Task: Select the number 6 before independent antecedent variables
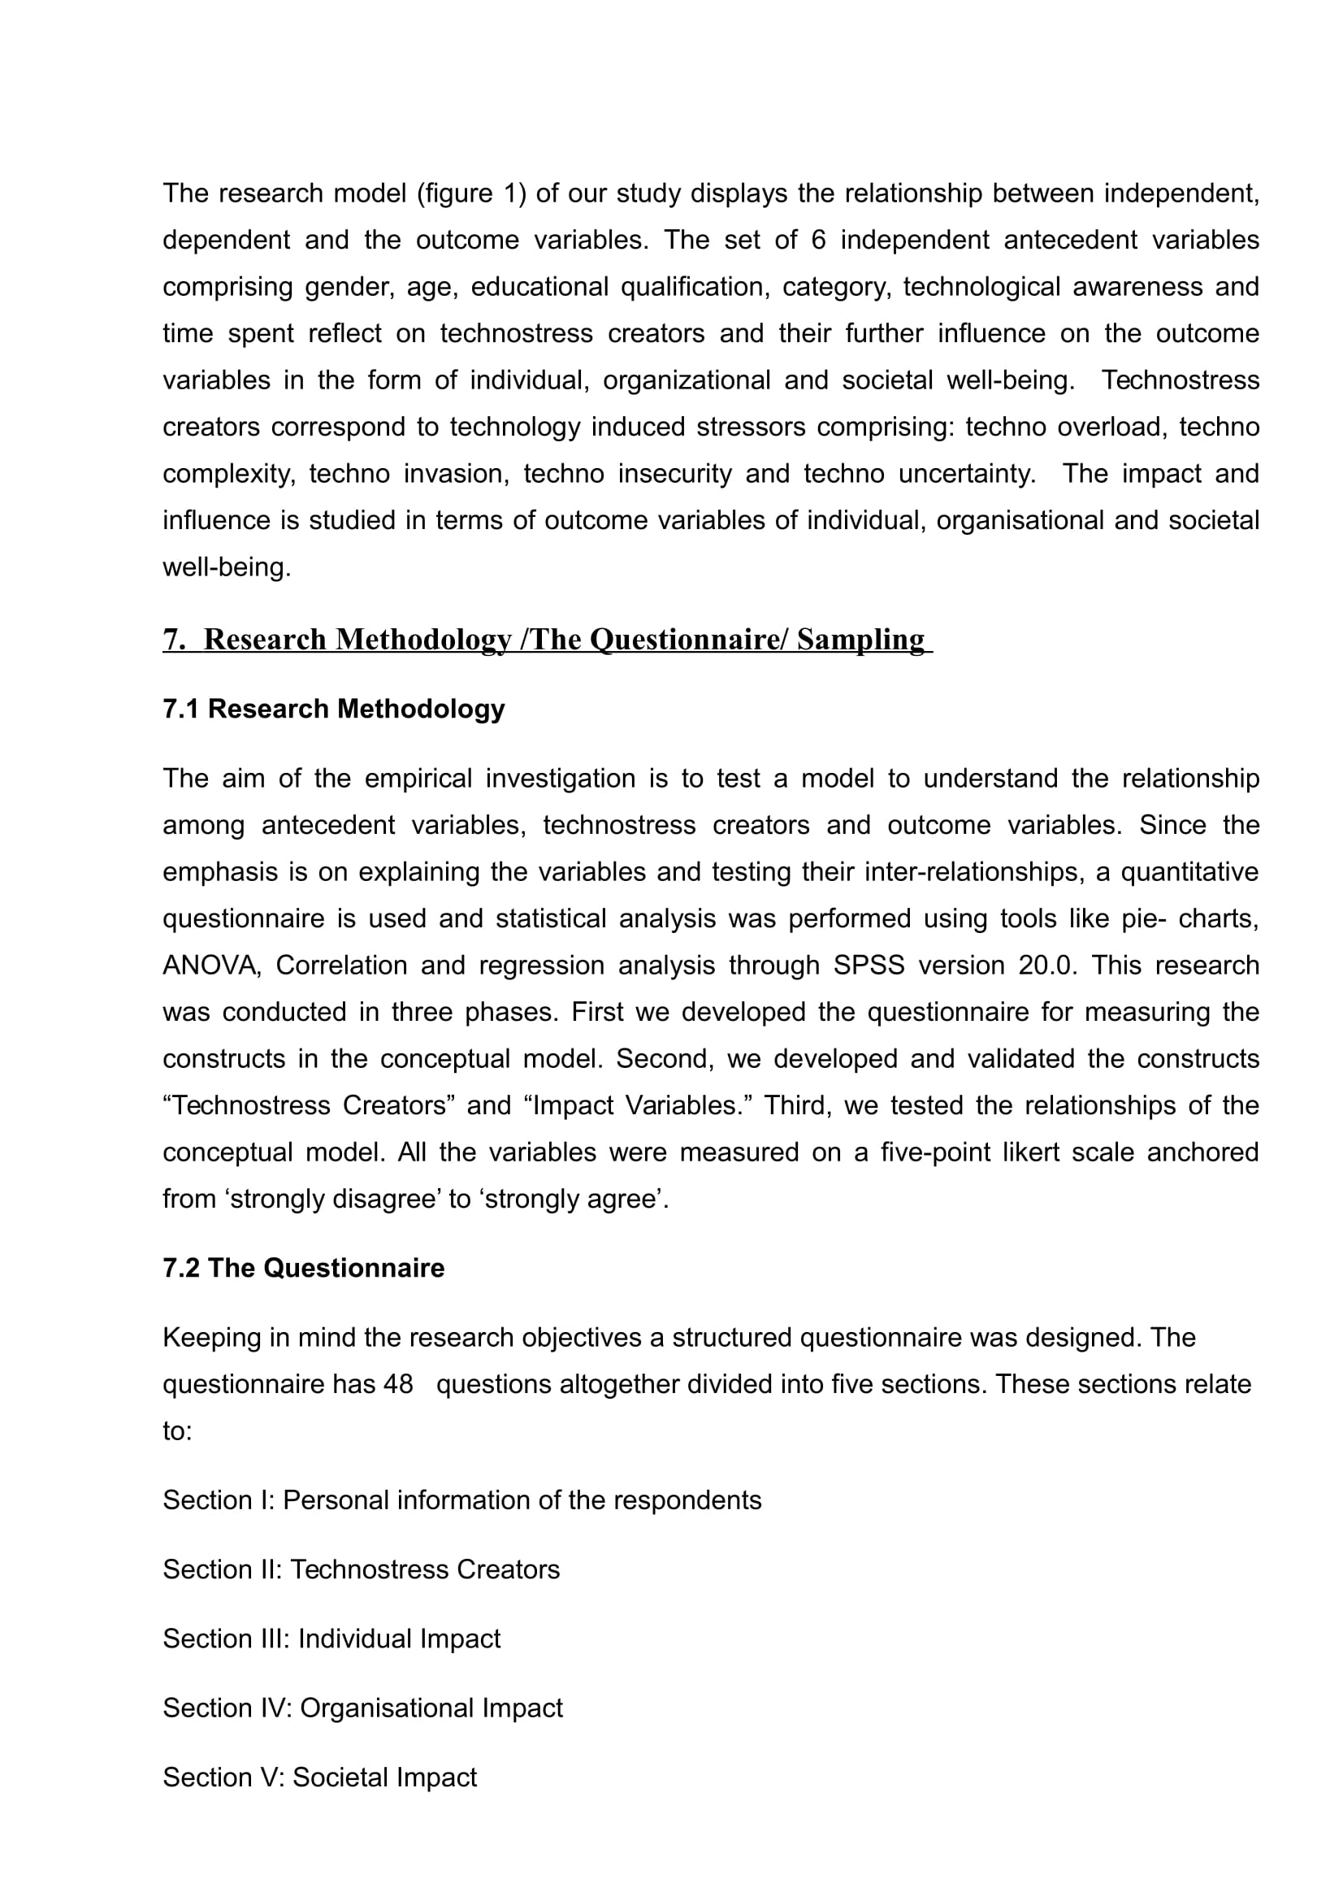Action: click(x=818, y=240)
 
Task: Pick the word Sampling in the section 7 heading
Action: click(x=860, y=639)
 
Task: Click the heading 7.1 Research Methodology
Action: click(x=333, y=709)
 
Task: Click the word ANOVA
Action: click(x=211, y=966)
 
